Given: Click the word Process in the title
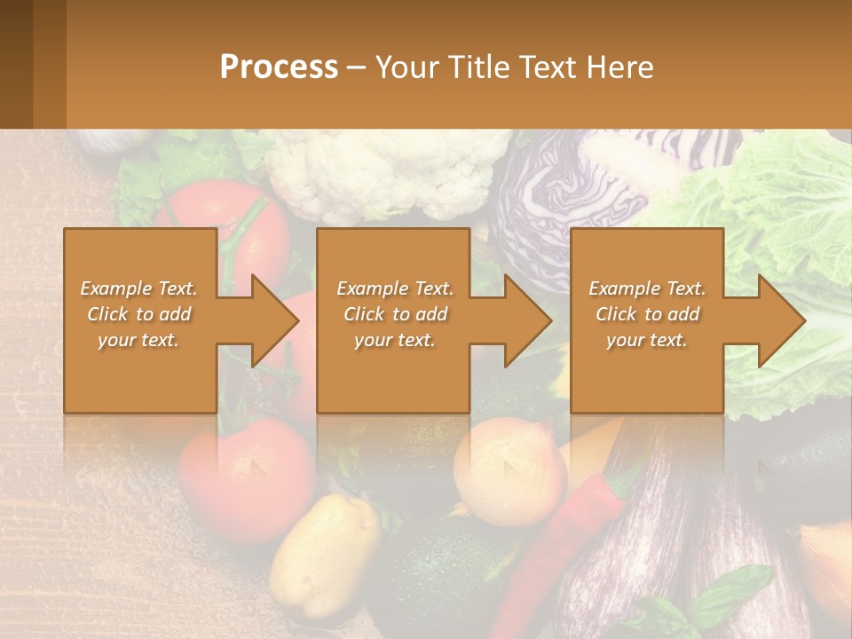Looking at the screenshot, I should click(x=279, y=67).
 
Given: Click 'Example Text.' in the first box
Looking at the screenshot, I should click(x=138, y=288).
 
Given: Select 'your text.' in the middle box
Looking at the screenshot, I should click(x=394, y=340).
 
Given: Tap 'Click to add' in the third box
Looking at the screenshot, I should click(x=648, y=314).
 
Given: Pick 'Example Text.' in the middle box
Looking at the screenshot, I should click(x=395, y=288).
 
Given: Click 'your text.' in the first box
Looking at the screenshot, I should click(x=138, y=340).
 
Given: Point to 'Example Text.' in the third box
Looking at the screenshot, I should click(x=647, y=288).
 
